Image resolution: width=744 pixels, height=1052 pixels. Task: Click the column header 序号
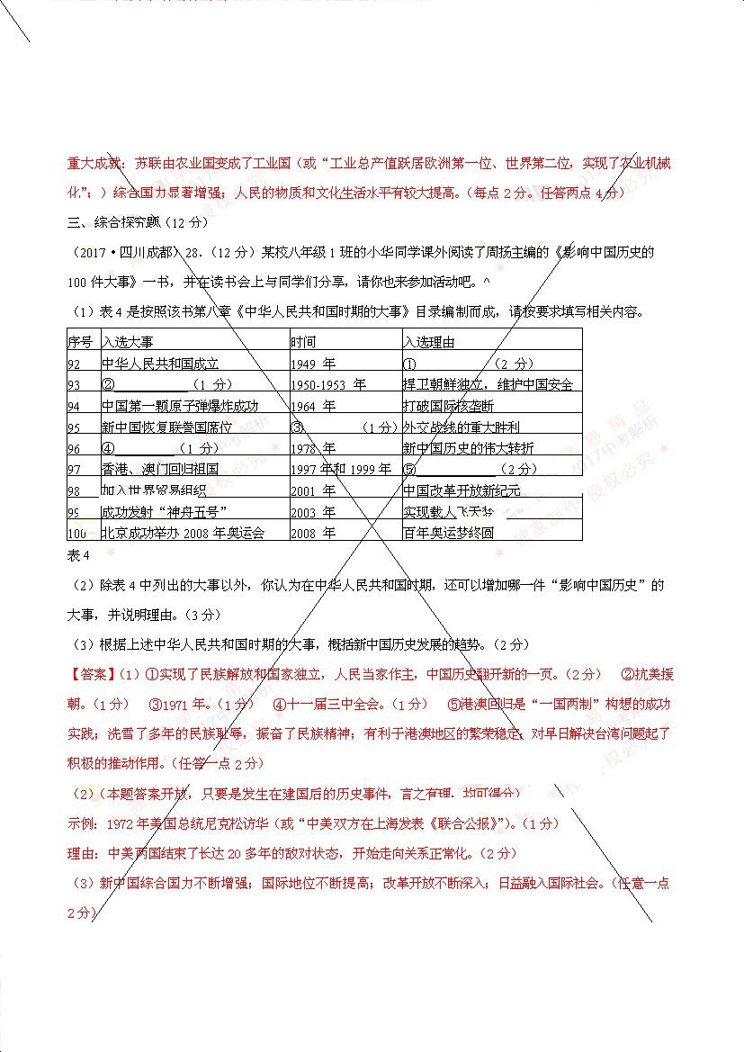[80, 342]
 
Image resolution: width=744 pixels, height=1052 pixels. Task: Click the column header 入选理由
[429, 342]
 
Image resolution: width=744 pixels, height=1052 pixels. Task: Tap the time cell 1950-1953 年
[328, 384]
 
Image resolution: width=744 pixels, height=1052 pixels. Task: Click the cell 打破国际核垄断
[449, 406]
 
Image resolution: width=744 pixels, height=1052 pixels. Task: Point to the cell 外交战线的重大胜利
[462, 427]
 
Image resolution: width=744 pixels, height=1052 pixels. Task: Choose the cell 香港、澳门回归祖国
[160, 469]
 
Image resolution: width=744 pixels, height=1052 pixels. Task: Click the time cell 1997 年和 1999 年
[341, 469]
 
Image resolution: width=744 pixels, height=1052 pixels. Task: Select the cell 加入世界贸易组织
[154, 490]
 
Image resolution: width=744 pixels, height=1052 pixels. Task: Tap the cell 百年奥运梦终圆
[449, 533]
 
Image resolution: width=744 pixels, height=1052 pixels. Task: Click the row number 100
[77, 533]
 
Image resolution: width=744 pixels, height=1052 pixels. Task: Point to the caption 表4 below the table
[80, 553]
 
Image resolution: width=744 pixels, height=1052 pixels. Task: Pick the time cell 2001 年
[313, 490]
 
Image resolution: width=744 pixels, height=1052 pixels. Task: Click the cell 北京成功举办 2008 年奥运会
[184, 533]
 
